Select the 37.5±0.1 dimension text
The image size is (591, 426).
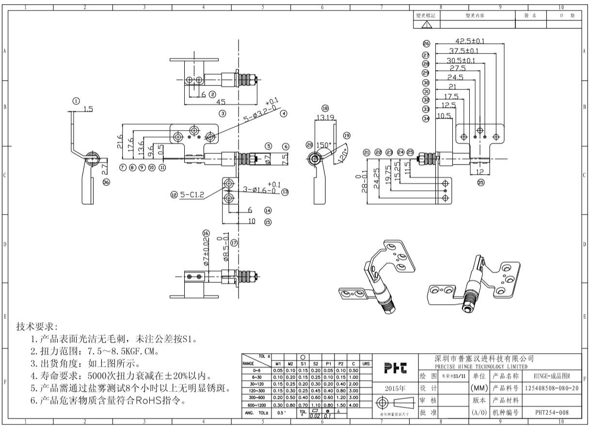pyautogui.click(x=463, y=51)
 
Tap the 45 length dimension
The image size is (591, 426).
pyautogui.click(x=221, y=102)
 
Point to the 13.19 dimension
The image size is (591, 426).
pyautogui.click(x=324, y=117)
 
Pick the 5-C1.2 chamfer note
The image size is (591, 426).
pyautogui.click(x=192, y=195)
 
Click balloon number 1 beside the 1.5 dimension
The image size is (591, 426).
pyautogui.click(x=76, y=101)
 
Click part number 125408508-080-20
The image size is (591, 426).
pyautogui.click(x=552, y=389)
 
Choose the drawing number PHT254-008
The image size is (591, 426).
pyautogui.click(x=552, y=412)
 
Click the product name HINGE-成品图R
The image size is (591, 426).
pyautogui.click(x=552, y=377)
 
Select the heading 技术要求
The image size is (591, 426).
pyautogui.click(x=37, y=327)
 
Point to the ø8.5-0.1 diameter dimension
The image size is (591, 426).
pyautogui.click(x=226, y=250)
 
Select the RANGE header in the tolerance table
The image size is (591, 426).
pyautogui.click(x=249, y=361)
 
